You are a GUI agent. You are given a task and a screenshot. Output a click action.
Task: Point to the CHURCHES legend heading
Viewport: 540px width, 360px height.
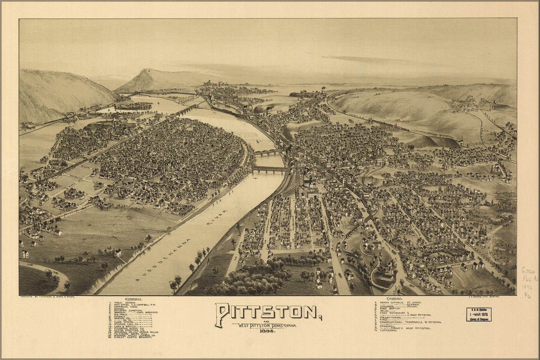395,299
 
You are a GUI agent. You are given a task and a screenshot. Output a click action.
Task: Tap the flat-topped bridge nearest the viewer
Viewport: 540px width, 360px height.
270,169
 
